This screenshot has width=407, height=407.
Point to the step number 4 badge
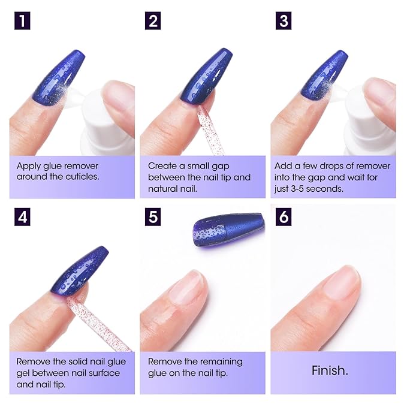(22, 216)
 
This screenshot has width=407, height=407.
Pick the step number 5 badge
(153, 216)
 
